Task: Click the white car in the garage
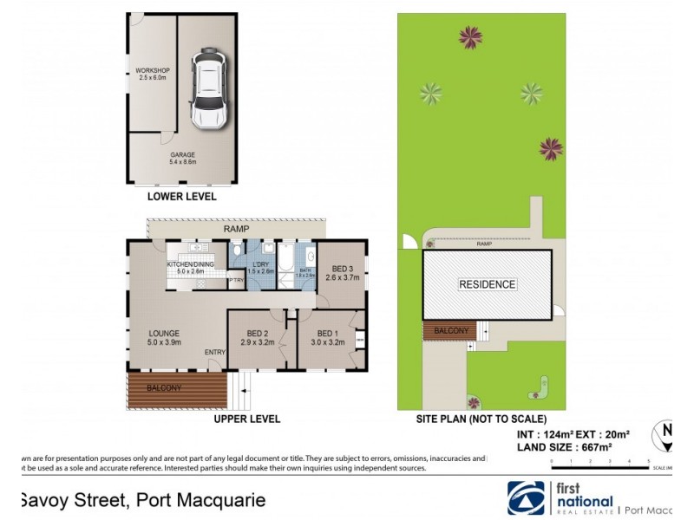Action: click(207, 89)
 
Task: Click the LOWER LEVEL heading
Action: click(181, 198)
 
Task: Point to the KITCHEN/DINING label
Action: click(190, 264)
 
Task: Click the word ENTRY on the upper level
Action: click(215, 351)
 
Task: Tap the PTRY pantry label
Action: click(235, 280)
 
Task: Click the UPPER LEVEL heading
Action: click(246, 419)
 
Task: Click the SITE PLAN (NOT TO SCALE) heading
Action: click(485, 419)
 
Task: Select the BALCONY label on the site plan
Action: click(450, 331)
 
